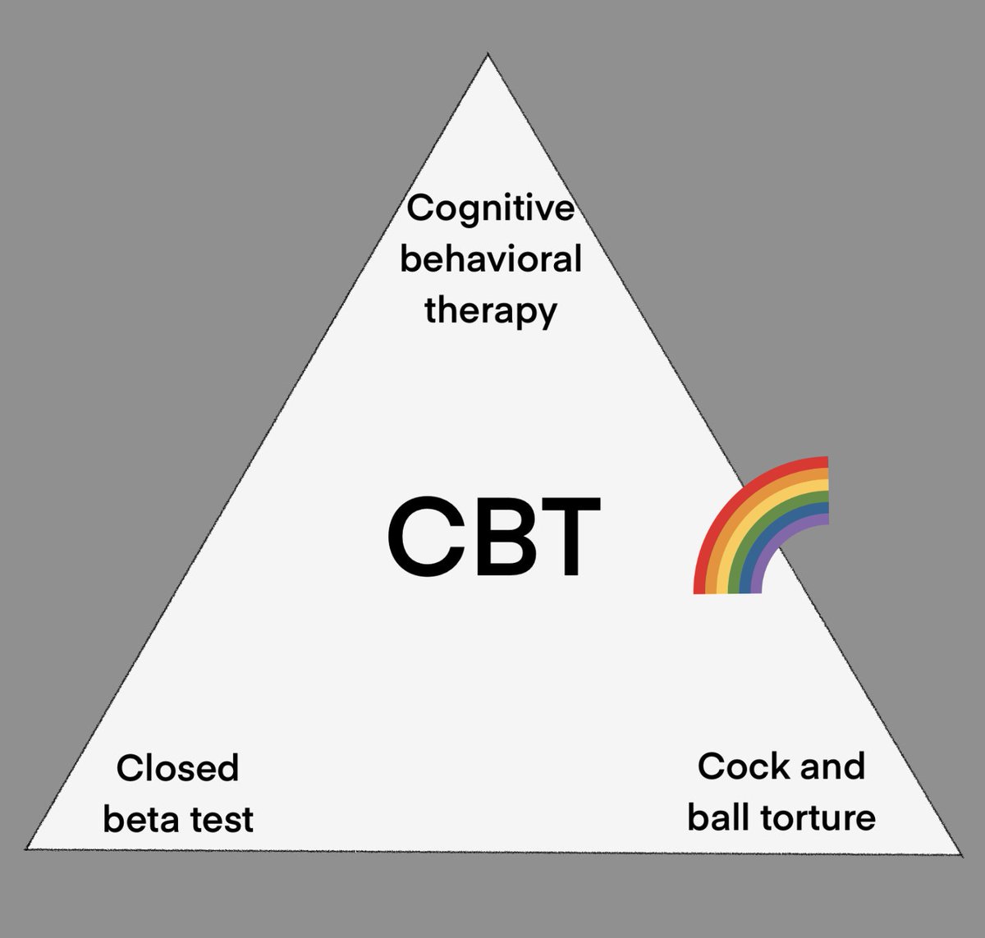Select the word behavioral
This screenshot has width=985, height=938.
pyautogui.click(x=491, y=260)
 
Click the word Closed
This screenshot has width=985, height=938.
pyautogui.click(x=177, y=769)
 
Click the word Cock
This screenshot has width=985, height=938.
pyautogui.click(x=735, y=767)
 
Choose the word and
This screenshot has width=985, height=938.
pyautogui.click(x=831, y=767)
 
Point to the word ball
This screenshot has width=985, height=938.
pyautogui.click(x=717, y=818)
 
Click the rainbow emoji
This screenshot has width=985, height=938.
pyautogui.click(x=760, y=525)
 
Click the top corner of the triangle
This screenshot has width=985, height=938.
pyautogui.click(x=488, y=56)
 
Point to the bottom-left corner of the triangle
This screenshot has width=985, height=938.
pyautogui.click(x=27, y=849)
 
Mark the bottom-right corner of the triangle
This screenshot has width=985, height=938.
pyautogui.click(x=960, y=853)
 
